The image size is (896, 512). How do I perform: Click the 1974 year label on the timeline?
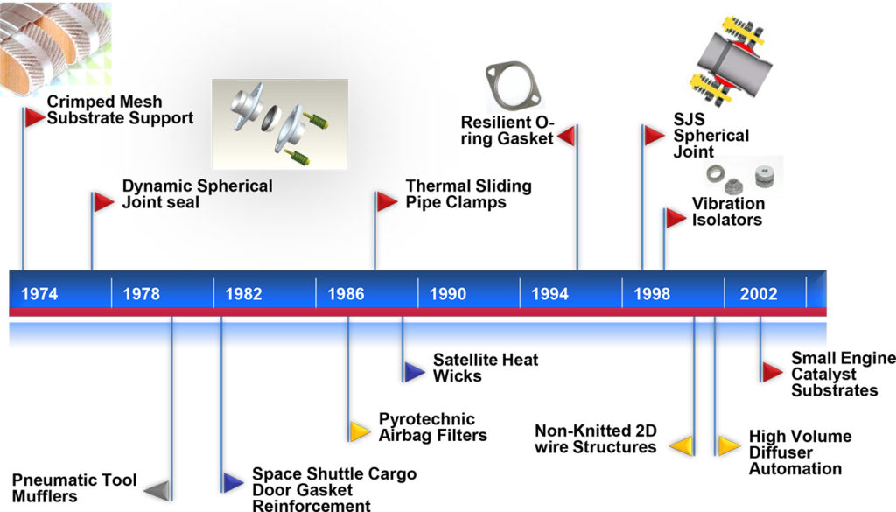pyautogui.click(x=39, y=294)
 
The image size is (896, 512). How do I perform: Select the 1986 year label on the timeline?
pyautogui.click(x=346, y=294)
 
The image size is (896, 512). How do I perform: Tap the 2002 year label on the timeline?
pyautogui.click(x=758, y=294)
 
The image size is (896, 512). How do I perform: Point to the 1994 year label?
pyautogui.click(x=549, y=294)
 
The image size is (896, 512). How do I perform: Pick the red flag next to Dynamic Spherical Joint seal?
pyautogui.click(x=103, y=201)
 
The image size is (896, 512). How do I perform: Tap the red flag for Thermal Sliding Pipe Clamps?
pyautogui.click(x=387, y=201)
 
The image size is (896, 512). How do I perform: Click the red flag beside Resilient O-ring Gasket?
pyautogui.click(x=566, y=136)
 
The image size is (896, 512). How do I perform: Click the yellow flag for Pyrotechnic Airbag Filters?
pyautogui.click(x=359, y=431)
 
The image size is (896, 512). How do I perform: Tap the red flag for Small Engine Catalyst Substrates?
pyautogui.click(x=771, y=372)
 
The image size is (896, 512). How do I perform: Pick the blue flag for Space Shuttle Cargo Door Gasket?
pyautogui.click(x=232, y=482)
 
